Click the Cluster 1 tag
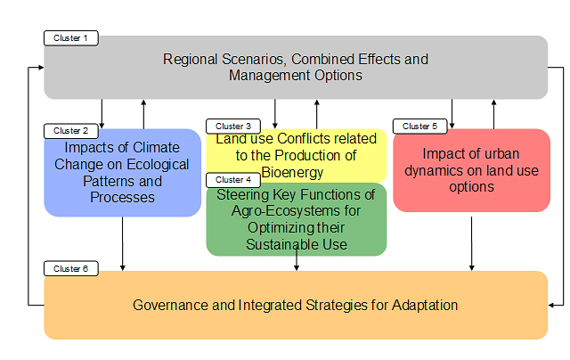click(71, 38)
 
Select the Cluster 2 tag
click(71, 131)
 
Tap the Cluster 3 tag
click(233, 127)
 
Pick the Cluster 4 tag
click(233, 180)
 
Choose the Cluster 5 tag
click(419, 127)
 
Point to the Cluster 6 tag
click(71, 269)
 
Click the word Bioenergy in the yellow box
click(292, 172)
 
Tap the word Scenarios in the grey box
click(254, 60)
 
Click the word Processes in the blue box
click(123, 198)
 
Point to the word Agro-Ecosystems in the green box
click(296, 211)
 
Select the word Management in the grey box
click(270, 76)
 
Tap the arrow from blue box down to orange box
click(123, 243)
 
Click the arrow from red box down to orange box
click(471, 243)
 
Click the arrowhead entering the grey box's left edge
click(41, 67)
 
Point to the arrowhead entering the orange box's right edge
click(550, 305)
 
